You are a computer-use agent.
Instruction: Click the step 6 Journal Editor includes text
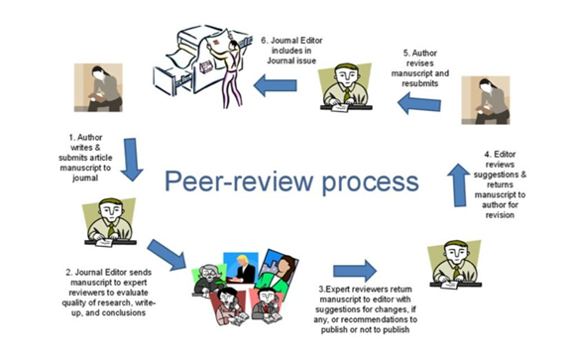294,50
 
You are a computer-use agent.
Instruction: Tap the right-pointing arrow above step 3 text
353,271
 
